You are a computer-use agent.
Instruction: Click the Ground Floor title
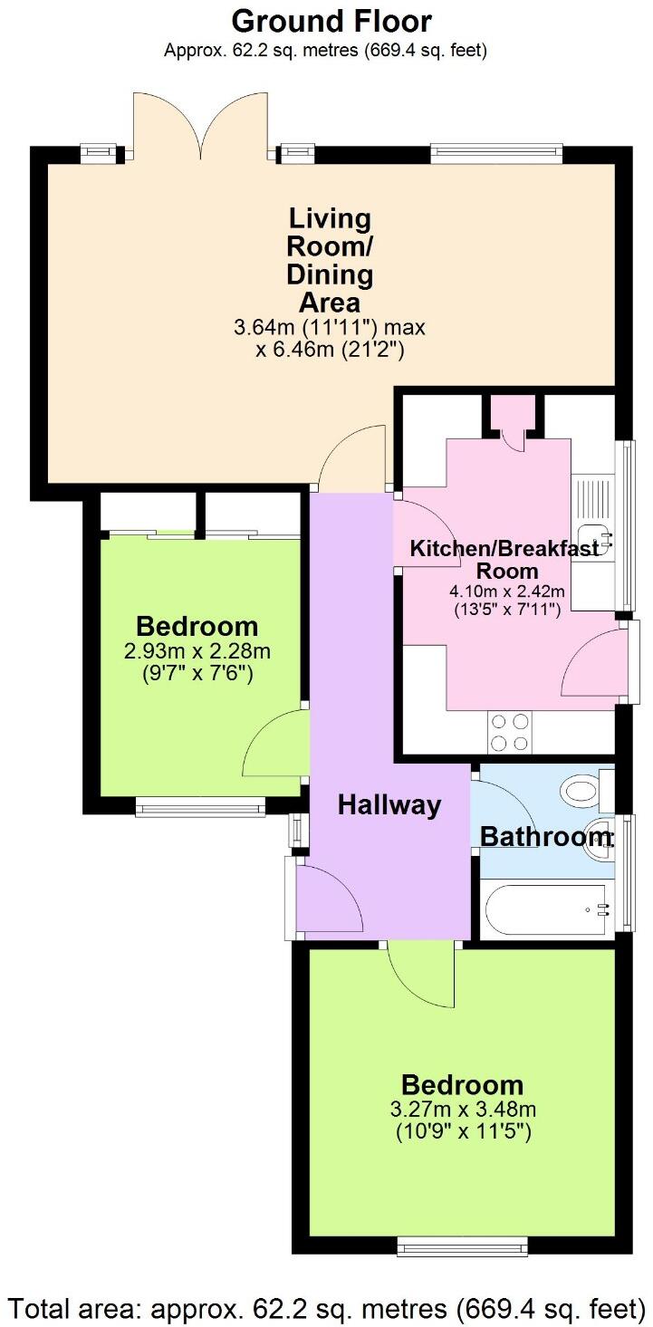pyautogui.click(x=331, y=20)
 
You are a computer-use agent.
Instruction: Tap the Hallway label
pyautogui.click(x=389, y=804)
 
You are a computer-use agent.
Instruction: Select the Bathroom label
pyautogui.click(x=545, y=836)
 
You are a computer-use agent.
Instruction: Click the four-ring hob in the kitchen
pyautogui.click(x=508, y=732)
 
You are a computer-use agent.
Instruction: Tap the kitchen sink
pyautogui.click(x=593, y=535)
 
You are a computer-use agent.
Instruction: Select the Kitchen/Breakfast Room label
pyautogui.click(x=505, y=560)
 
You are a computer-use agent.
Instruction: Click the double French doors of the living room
pyautogui.click(x=201, y=127)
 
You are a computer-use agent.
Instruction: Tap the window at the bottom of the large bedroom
pyautogui.click(x=462, y=1250)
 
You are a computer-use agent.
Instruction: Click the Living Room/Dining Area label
pyautogui.click(x=330, y=260)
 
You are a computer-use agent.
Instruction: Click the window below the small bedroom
pyautogui.click(x=200, y=806)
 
